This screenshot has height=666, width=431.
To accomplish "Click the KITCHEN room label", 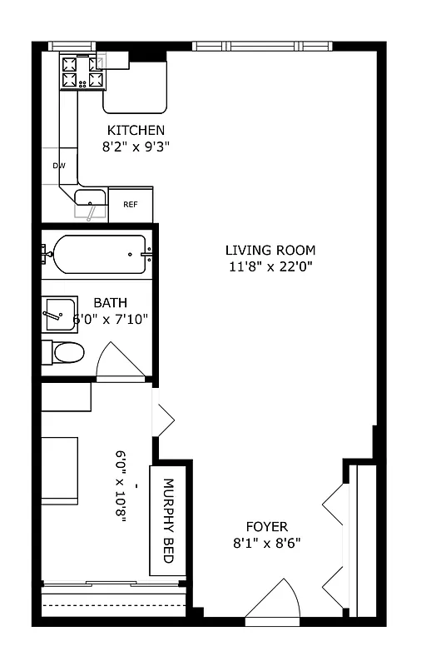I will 136,131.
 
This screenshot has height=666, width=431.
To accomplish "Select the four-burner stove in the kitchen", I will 84,72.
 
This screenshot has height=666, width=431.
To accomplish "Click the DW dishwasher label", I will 59,166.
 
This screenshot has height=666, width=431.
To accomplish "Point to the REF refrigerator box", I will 131,205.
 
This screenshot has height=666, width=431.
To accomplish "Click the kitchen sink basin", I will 90,197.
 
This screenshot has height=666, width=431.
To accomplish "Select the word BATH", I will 110,303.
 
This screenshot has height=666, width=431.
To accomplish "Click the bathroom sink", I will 60,313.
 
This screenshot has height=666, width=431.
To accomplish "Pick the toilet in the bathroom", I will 65,353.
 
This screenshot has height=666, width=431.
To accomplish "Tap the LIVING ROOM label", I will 270,250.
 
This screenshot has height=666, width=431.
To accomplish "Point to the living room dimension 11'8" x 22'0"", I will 270,266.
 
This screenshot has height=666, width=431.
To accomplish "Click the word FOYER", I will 267,527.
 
